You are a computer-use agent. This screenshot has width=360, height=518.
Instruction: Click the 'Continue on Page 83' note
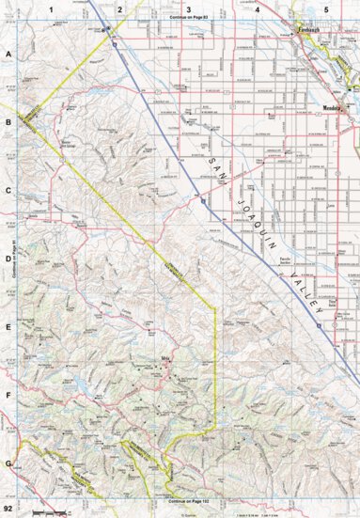189,18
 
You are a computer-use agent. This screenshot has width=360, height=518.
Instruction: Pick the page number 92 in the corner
8,508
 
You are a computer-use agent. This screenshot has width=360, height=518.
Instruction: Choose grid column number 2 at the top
119,8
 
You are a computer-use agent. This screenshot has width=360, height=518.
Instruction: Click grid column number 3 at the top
188,8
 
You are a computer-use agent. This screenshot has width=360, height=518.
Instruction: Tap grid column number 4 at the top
257,8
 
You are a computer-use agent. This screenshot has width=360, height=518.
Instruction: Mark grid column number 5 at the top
325,8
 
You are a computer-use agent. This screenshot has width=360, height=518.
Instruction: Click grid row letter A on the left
8,55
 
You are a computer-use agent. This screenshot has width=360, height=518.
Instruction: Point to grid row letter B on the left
8,122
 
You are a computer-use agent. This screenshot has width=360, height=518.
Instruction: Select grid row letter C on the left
8,191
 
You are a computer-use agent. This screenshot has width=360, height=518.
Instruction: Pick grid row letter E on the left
8,328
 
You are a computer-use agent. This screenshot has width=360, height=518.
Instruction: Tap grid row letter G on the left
8,464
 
